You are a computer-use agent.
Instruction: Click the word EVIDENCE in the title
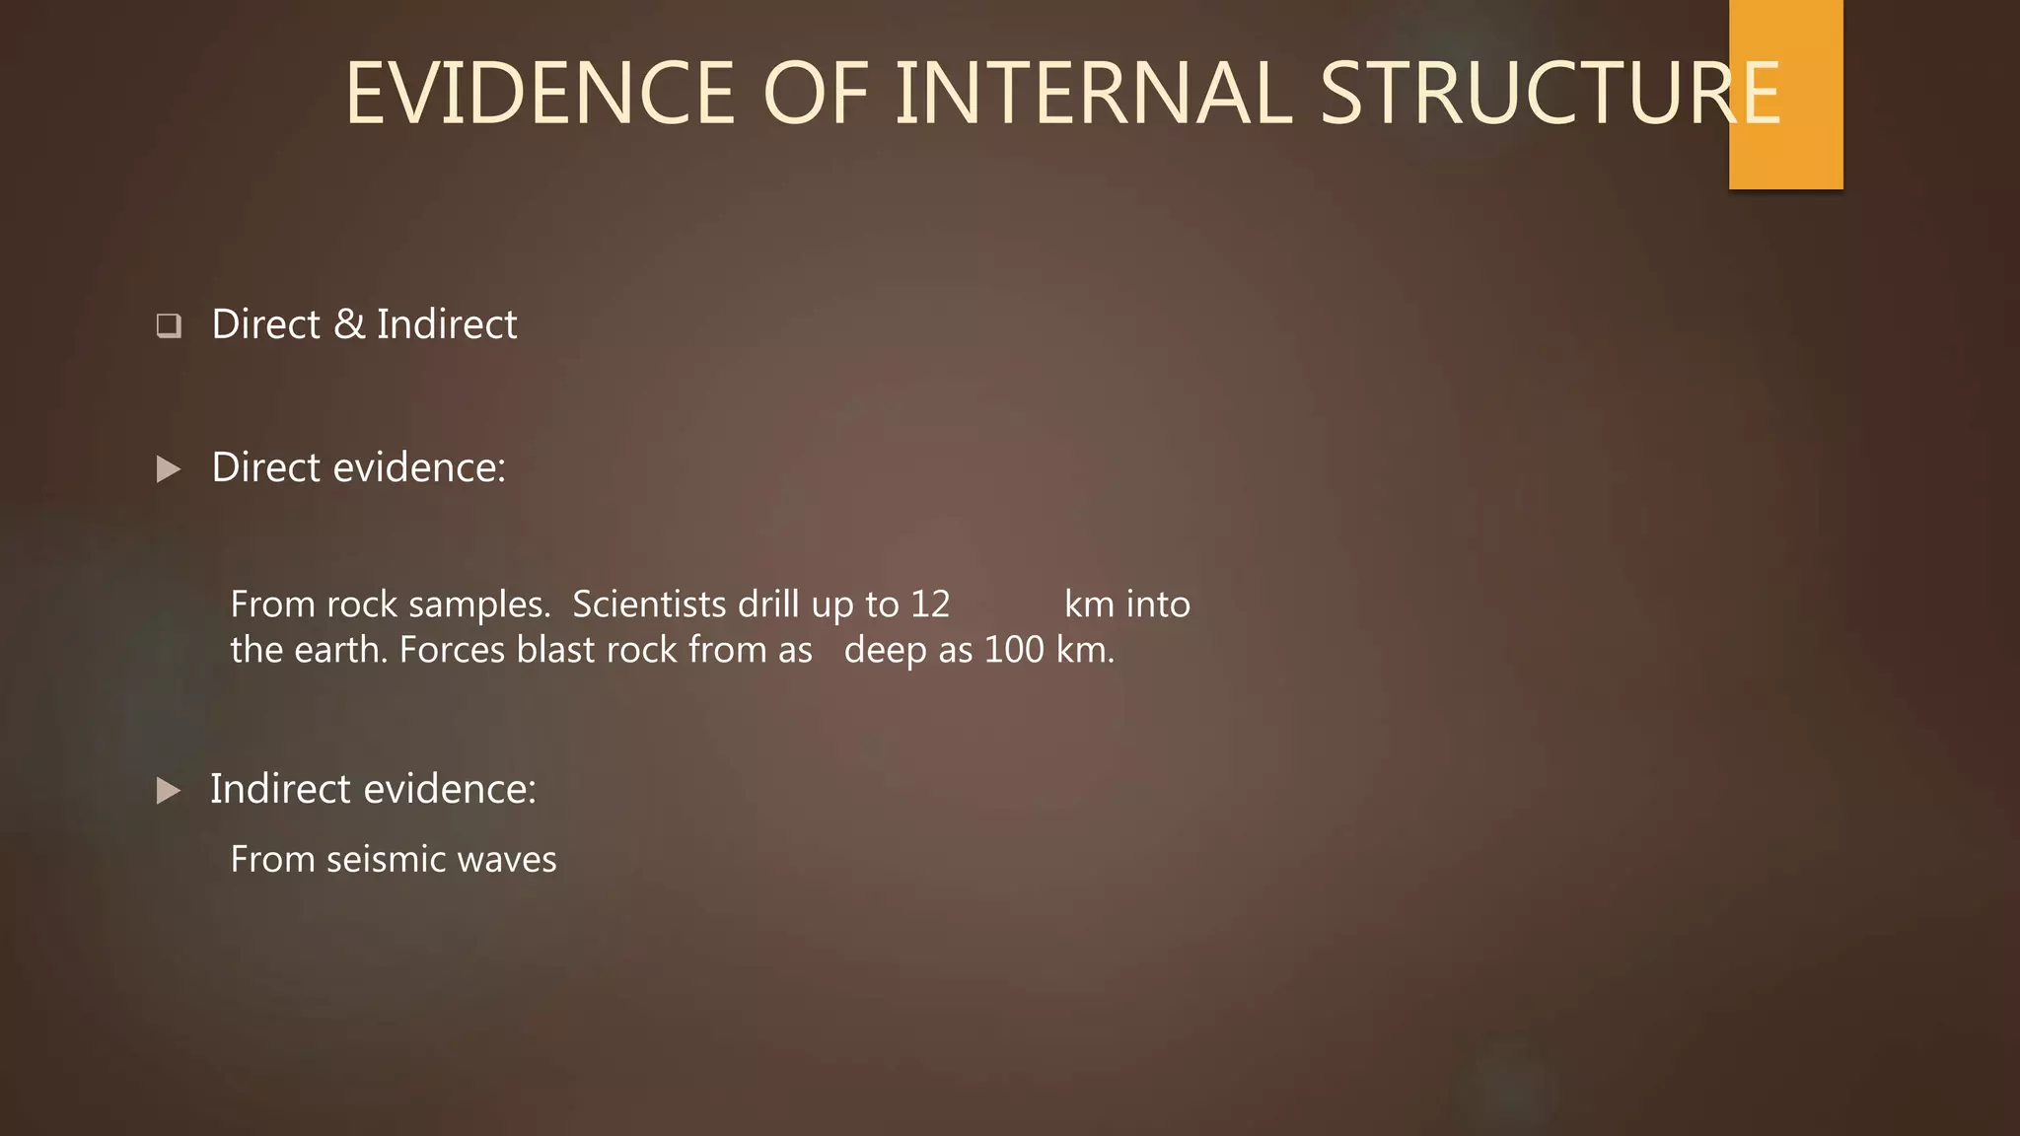pos(540,94)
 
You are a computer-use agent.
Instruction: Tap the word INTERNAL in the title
pos(1093,94)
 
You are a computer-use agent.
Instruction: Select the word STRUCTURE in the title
pos(1549,94)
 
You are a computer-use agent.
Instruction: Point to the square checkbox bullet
pos(169,325)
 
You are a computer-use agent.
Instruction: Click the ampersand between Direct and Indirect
pos(348,324)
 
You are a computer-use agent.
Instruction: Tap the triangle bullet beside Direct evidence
pos(169,469)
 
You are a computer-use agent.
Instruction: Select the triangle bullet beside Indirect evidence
pos(169,790)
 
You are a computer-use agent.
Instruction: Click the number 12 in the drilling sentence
pos(929,604)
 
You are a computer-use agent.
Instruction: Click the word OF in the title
pos(815,94)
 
